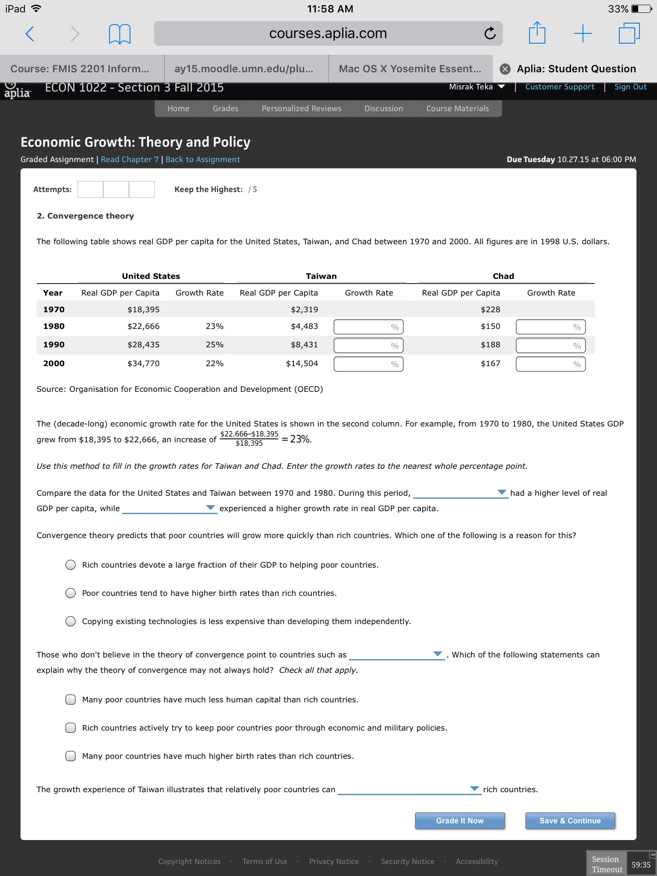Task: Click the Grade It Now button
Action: [x=460, y=820]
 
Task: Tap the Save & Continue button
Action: [x=570, y=820]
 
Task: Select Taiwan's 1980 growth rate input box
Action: [x=368, y=327]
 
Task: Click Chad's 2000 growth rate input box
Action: [x=550, y=364]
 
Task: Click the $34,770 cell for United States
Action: [x=143, y=364]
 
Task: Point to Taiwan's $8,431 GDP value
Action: [x=304, y=345]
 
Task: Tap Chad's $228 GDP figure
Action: [x=490, y=309]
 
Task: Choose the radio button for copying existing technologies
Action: [x=71, y=621]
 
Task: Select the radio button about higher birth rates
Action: [x=71, y=593]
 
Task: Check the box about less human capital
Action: [x=71, y=699]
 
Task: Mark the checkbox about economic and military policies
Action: [x=71, y=728]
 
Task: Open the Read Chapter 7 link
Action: [x=130, y=160]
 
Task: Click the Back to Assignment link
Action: [x=203, y=160]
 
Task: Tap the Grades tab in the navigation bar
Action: [x=225, y=109]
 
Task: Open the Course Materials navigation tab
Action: [x=457, y=109]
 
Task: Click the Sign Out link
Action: [x=630, y=87]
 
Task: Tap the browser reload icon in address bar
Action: [x=490, y=33]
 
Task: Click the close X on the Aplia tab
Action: [x=505, y=69]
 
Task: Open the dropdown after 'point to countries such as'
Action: [x=438, y=654]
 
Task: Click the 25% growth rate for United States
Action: [x=214, y=345]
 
